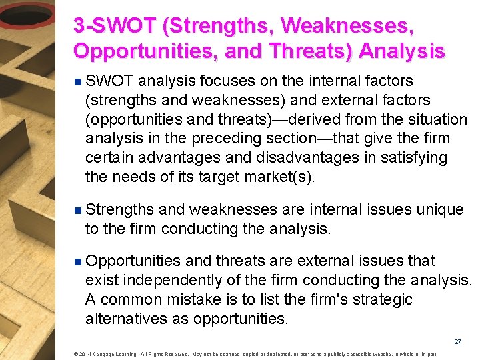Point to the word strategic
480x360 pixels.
click(379, 300)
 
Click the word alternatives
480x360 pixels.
click(123, 319)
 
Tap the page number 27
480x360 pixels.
click(457, 341)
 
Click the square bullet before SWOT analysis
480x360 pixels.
click(78, 82)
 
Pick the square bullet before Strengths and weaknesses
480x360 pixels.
click(78, 211)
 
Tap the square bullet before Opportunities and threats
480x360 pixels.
click(78, 262)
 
